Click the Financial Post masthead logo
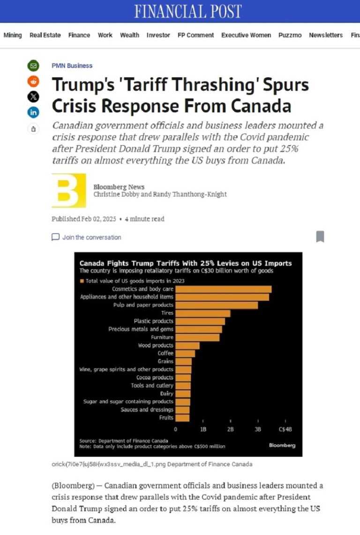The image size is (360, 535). pyautogui.click(x=188, y=11)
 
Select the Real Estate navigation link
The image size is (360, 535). pyautogui.click(x=45, y=35)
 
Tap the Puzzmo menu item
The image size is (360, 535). pyautogui.click(x=290, y=35)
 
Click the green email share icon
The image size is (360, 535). pyautogui.click(x=33, y=66)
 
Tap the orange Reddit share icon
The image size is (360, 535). pyautogui.click(x=33, y=81)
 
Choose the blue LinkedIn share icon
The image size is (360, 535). pyautogui.click(x=33, y=112)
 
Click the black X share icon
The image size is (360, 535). pyautogui.click(x=33, y=97)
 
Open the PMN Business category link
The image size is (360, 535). pyautogui.click(x=72, y=66)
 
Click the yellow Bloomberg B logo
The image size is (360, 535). pyautogui.click(x=68, y=190)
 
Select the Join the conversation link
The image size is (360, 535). pyautogui.click(x=86, y=237)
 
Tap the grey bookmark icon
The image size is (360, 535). pyautogui.click(x=320, y=237)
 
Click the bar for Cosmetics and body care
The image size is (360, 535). pyautogui.click(x=224, y=289)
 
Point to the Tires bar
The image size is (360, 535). pyautogui.click(x=203, y=313)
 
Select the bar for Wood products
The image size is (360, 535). pyautogui.click(x=187, y=345)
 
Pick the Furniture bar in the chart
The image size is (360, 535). pyautogui.click(x=197, y=337)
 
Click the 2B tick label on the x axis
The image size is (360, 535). pyautogui.click(x=231, y=429)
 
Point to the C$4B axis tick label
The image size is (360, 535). pyautogui.click(x=285, y=429)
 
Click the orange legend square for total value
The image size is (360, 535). pyautogui.click(x=82, y=281)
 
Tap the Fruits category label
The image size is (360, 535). pyautogui.click(x=166, y=417)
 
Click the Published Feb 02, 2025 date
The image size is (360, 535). pyautogui.click(x=84, y=219)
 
